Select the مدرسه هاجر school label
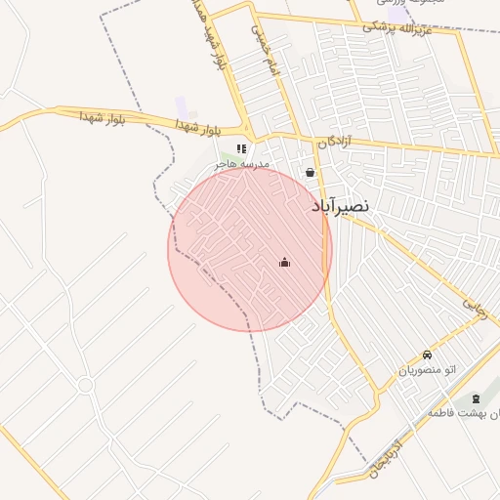click(x=241, y=165)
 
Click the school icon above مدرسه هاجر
click(x=241, y=148)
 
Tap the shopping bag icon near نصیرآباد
click(x=311, y=173)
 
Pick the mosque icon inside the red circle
click(x=284, y=262)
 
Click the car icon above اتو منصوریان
click(x=427, y=354)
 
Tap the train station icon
click(x=476, y=398)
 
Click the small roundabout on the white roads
click(x=85, y=385)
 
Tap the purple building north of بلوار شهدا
click(x=181, y=104)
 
